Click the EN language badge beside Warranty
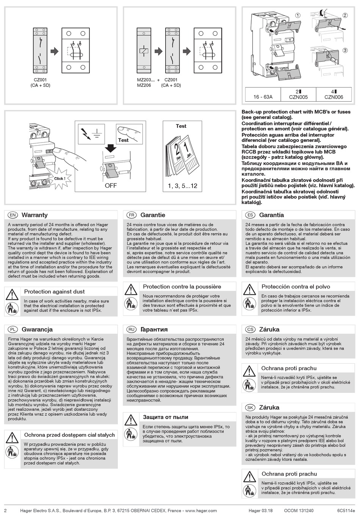[x=13, y=215]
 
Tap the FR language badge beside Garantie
[x=132, y=215]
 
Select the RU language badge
[x=132, y=330]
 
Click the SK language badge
[x=250, y=408]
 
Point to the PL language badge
[x=13, y=330]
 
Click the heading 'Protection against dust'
[x=54, y=292]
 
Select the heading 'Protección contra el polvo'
[x=296, y=287]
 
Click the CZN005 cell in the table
[x=298, y=94]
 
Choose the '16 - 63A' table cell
[x=263, y=97]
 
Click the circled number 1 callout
[x=298, y=16]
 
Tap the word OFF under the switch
[x=111, y=186]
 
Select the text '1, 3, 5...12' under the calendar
[x=182, y=186]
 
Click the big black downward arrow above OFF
[x=110, y=147]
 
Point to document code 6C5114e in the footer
[x=346, y=510]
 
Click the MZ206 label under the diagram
[x=144, y=85]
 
